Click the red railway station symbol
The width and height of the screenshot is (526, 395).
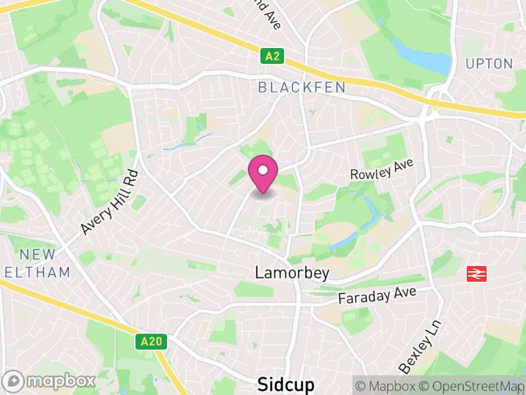(476, 274)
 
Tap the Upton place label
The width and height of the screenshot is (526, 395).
(489, 64)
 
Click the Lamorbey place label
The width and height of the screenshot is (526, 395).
(283, 272)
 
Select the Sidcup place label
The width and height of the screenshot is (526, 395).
(285, 384)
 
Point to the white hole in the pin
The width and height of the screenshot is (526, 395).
(263, 171)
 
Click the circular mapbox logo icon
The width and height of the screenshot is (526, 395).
(13, 381)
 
